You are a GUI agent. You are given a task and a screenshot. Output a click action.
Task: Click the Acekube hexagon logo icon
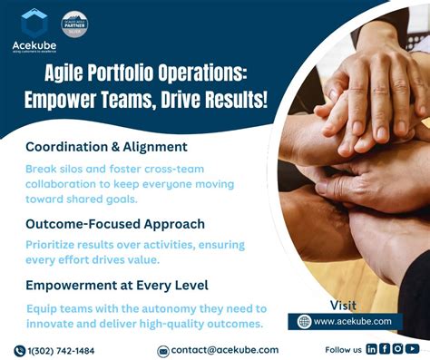coord(34,21)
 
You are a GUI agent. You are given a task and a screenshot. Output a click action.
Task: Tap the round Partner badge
coord(74,24)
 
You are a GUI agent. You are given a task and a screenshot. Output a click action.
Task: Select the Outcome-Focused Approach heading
coord(114,223)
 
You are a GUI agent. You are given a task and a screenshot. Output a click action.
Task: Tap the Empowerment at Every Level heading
coord(117,284)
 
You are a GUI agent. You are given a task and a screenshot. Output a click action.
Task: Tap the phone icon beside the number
coord(19,350)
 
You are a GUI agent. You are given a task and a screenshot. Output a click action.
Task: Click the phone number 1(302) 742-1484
coord(62,350)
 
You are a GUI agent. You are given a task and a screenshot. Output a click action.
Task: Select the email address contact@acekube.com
coord(225,350)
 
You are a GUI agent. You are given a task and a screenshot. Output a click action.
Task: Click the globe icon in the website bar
coord(304,321)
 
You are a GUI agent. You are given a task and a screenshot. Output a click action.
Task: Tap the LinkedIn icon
coord(372,349)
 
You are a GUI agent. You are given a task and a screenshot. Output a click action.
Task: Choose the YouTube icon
coord(413,349)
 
